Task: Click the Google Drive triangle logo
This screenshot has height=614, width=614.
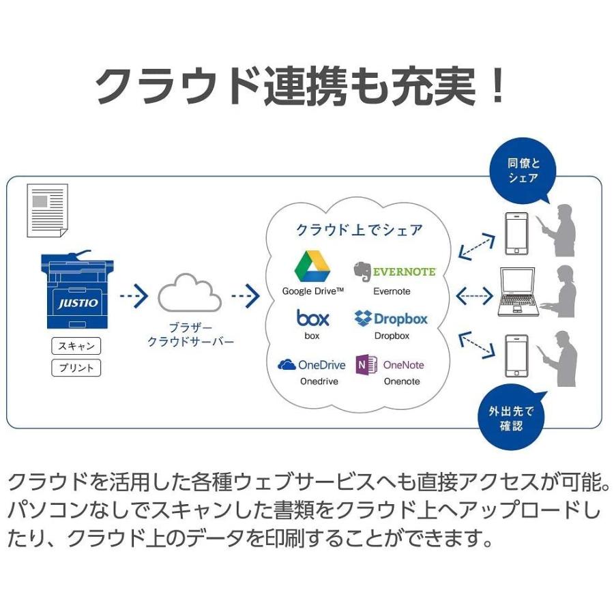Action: pos(312,267)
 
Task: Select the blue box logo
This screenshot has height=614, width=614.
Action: pos(312,317)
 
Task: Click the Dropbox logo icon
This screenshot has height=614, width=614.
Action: pos(363,318)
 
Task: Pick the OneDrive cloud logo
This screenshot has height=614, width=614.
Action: pos(287,365)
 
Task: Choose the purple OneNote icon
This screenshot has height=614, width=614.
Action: pos(366,365)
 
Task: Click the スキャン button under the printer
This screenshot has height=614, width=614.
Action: pos(76,346)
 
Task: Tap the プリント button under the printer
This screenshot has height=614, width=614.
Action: pos(76,368)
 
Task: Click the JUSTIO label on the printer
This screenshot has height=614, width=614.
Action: pos(78,303)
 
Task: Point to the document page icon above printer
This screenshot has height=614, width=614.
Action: pos(47,210)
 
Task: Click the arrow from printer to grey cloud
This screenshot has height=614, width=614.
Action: pos(134,297)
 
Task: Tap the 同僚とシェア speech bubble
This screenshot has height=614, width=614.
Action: pos(523,171)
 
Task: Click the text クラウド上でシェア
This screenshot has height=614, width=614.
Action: pos(359,230)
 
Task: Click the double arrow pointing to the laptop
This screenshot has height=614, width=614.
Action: pos(473,296)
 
